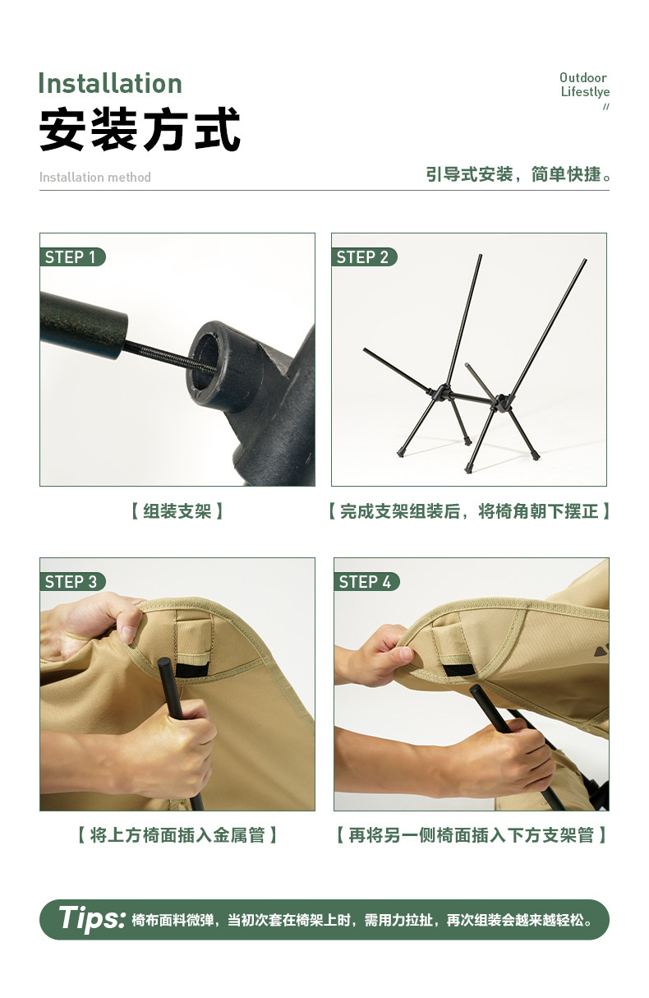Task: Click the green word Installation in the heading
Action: pos(110,84)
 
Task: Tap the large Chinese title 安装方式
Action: pos(140,130)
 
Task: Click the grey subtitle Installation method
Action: pos(95,178)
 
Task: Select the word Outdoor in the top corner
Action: pos(583,78)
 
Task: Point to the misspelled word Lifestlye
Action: pos(585,92)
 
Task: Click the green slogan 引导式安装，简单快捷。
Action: pos(518,175)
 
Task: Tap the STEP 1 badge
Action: pos(71,257)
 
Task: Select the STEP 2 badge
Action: pos(363,257)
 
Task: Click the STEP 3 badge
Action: pos(72,582)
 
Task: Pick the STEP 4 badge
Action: pos(366,582)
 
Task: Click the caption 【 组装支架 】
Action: pos(177,511)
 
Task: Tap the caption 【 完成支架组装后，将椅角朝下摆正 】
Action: pos(469,511)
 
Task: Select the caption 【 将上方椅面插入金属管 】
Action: pos(177,835)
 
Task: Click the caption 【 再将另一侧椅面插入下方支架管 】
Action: pos(472,835)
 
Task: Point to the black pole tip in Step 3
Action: pos(164,665)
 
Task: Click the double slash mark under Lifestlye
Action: pos(606,107)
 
